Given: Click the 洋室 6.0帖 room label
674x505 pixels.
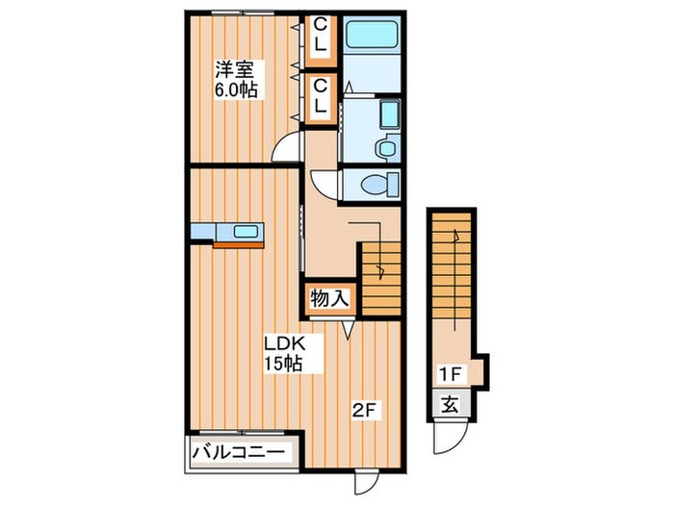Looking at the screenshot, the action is point(236,80).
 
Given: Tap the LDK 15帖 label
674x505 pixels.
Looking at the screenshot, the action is point(284,353).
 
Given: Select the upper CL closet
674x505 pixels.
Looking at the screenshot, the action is point(321,41).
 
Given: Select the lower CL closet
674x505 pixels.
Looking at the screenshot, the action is point(321,99).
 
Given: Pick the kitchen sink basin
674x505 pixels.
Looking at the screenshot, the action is point(246,232).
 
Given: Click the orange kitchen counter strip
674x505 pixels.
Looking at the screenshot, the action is point(238,245).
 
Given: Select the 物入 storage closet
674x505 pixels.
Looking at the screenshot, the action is point(329,298).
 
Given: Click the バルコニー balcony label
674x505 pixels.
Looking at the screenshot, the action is point(238,452).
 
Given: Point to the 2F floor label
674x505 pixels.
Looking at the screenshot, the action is point(365,411).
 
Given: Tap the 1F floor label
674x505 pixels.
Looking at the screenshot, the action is point(450,374).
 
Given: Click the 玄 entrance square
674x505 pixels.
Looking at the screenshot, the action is point(450,405).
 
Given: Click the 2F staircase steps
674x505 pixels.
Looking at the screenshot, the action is point(381,279).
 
